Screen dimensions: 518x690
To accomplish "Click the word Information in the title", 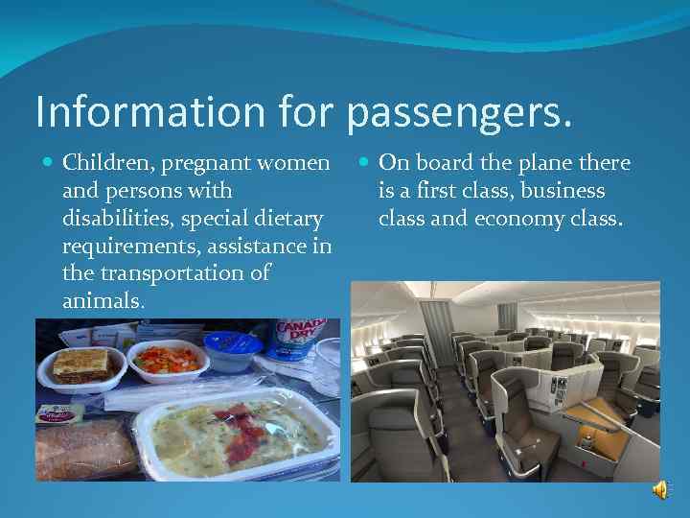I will coord(127,111).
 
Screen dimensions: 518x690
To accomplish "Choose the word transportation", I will coord(170,273).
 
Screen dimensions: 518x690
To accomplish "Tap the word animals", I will coord(103,300).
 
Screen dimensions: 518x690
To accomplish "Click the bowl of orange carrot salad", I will coord(168,359).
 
